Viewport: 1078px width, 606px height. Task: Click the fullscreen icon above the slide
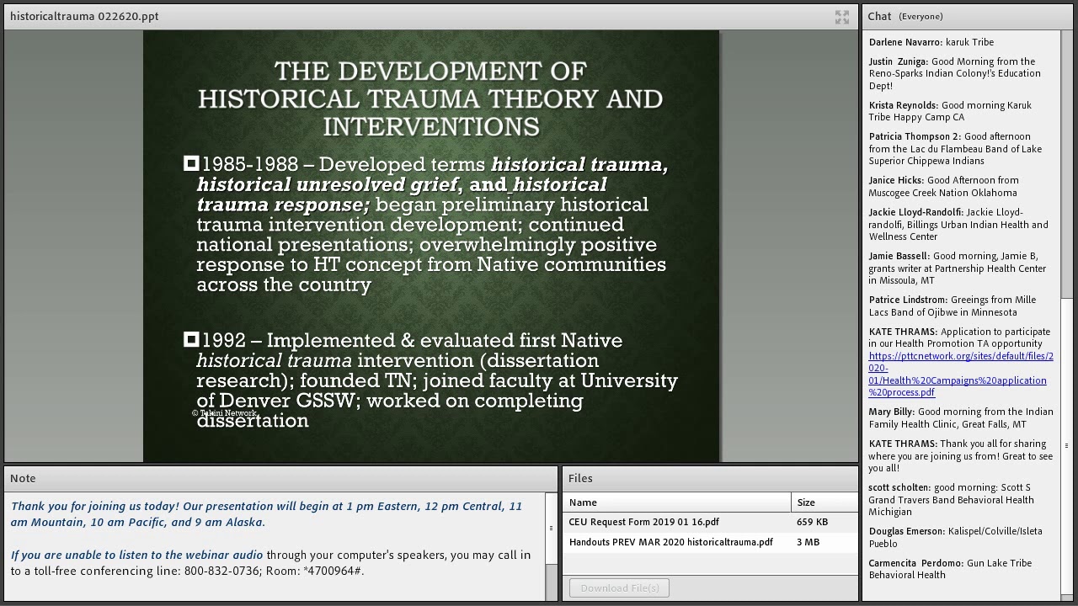point(841,17)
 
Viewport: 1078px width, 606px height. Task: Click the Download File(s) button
point(619,587)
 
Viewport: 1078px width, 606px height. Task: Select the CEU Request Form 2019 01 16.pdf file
point(643,522)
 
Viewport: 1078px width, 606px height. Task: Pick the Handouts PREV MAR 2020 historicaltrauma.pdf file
point(670,542)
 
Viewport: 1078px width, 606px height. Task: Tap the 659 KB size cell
point(812,522)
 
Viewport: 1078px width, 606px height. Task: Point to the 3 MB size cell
point(808,542)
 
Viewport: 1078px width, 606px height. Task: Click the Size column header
point(806,502)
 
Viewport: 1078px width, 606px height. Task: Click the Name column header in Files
point(583,502)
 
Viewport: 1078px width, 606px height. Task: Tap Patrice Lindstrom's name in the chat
point(908,300)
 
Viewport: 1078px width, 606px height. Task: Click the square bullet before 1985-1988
point(191,163)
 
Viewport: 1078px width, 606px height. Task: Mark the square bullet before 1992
point(191,339)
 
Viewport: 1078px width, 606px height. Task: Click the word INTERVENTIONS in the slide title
point(430,127)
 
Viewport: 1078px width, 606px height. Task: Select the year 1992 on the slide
point(224,341)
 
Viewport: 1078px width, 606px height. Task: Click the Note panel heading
point(23,478)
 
